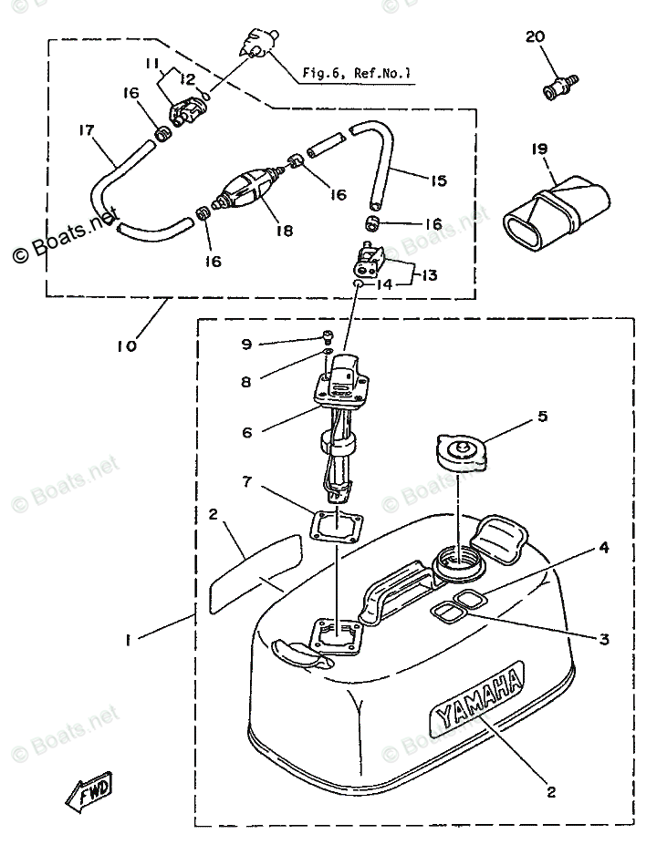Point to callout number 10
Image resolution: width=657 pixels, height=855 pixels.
tap(127, 346)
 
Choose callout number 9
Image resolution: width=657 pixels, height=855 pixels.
tap(245, 344)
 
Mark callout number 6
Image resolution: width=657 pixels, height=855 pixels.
tap(245, 433)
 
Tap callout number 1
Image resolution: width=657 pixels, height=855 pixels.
tap(129, 641)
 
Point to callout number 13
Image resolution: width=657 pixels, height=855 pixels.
tap(429, 275)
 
